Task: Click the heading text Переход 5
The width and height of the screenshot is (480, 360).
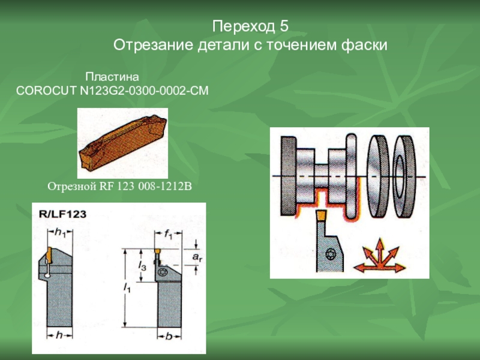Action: (250, 26)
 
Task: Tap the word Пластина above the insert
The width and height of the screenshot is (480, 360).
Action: (112, 77)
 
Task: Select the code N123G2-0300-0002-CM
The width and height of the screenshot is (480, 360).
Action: (144, 91)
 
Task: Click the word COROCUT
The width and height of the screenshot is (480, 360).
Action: (47, 91)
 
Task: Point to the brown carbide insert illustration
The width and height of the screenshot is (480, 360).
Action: (123, 143)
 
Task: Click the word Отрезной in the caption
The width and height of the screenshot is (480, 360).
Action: (72, 186)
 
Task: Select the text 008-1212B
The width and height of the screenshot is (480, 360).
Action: (165, 186)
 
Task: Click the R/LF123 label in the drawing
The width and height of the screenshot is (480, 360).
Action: (63, 214)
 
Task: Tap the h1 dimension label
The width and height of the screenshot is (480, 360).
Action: (60, 233)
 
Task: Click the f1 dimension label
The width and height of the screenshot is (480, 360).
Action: (169, 234)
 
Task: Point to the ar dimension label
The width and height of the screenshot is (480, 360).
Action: (197, 257)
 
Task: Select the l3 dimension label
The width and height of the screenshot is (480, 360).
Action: (142, 266)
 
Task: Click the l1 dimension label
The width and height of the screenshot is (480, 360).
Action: (127, 287)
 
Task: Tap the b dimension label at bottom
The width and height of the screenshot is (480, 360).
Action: (169, 337)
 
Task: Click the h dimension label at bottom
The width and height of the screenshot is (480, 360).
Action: (59, 335)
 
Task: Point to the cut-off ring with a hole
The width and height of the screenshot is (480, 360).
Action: (404, 176)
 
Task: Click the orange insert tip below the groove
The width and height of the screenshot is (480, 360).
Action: (321, 215)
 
